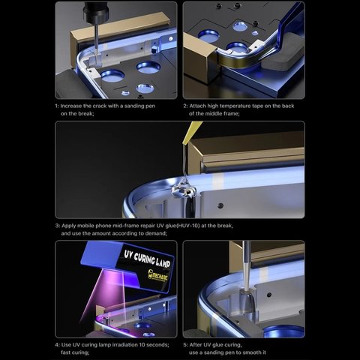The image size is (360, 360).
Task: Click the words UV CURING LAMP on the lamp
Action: (x=147, y=259)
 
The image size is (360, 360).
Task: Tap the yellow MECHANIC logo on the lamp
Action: (x=157, y=275)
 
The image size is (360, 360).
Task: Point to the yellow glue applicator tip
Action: (x=191, y=133)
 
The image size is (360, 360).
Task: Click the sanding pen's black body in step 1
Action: (x=96, y=12)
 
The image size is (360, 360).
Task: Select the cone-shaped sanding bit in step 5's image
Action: (x=247, y=300)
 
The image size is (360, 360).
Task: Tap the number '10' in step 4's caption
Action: (x=142, y=345)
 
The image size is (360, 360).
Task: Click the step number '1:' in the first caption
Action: (x=57, y=106)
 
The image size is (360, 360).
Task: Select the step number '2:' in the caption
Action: (x=185, y=106)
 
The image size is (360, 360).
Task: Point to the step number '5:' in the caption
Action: (x=185, y=345)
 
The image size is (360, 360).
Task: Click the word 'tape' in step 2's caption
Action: (x=257, y=106)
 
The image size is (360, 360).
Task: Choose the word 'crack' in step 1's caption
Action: (x=100, y=106)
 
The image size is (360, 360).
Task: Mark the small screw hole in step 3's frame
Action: (x=220, y=205)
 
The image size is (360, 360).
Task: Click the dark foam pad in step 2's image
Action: (x=282, y=58)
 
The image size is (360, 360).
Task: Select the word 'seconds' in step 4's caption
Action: (x=157, y=345)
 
